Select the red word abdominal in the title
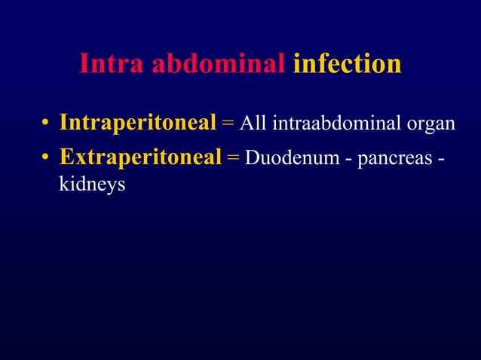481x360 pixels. [x=219, y=65]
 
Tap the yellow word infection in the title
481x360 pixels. [x=347, y=65]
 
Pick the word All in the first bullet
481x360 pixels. [x=253, y=123]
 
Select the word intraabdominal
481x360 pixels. [x=335, y=123]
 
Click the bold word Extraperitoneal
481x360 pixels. [x=140, y=157]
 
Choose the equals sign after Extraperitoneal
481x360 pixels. [x=233, y=157]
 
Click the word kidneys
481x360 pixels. [x=91, y=183]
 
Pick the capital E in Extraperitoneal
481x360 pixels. [x=66, y=157]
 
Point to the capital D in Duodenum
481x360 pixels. [x=252, y=157]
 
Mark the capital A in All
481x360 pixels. [x=245, y=123]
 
